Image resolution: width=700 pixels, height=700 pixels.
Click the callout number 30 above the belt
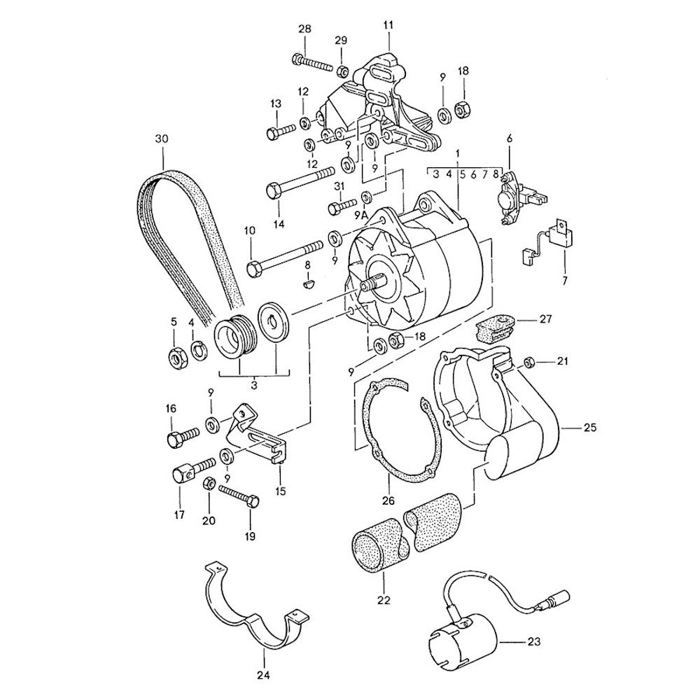(162, 139)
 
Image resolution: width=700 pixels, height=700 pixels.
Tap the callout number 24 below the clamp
(263, 676)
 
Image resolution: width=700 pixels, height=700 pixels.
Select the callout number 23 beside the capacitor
(535, 640)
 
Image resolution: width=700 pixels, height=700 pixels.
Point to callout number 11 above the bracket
(388, 26)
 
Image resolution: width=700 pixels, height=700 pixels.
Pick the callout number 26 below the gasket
(388, 501)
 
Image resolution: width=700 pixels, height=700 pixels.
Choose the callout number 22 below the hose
(384, 600)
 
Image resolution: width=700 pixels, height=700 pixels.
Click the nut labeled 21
(530, 362)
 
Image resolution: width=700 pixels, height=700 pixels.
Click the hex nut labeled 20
(208, 484)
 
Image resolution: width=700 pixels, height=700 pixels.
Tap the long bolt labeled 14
(297, 181)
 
